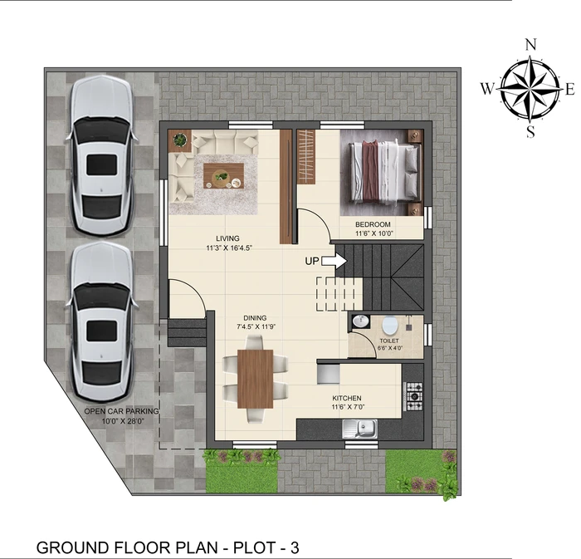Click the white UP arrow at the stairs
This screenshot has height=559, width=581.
tap(334, 261)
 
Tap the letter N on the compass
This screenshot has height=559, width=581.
tap(531, 45)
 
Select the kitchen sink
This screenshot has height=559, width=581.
tap(359, 429)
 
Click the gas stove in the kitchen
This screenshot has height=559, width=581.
tap(414, 396)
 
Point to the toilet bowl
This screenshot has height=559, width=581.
tap(389, 325)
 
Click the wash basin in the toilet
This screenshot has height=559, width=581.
tap(359, 321)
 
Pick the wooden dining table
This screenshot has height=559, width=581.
tap(256, 379)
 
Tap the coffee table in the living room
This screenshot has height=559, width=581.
tap(223, 176)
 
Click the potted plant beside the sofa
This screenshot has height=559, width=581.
tap(180, 140)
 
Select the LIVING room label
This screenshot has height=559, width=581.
tap(228, 238)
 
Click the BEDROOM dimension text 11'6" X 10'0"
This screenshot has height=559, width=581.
tap(373, 233)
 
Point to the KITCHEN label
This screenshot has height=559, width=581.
tap(347, 398)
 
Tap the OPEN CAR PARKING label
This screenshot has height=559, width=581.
tap(121, 411)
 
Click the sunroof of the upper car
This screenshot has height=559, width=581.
tap(102, 165)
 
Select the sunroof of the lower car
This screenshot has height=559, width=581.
tap(102, 331)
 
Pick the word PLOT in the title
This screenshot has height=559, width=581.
tap(253, 547)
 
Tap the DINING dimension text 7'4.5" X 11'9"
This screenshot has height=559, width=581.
tap(256, 327)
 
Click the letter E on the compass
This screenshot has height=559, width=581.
tap(570, 90)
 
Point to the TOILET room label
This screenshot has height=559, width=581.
tap(389, 341)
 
